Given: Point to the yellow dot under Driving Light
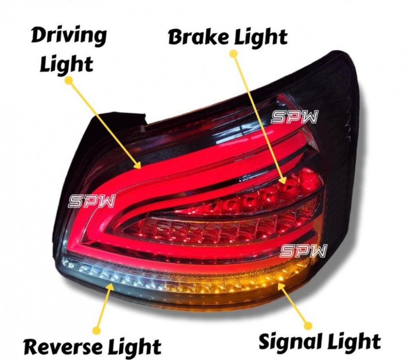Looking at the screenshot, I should pos(69,81).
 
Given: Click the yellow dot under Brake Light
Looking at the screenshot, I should pos(233,53).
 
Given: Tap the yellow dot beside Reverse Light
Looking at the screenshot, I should pos(97,329).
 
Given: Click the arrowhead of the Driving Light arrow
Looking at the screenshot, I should pos(139,165).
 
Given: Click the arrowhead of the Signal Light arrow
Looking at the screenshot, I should pos(280,285).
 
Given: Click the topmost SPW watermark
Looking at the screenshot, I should pos(295,118).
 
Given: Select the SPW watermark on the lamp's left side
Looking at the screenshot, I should pos(92,201).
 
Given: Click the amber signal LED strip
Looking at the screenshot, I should pos(245,282).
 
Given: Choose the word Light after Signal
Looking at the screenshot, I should pos(354,341).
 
